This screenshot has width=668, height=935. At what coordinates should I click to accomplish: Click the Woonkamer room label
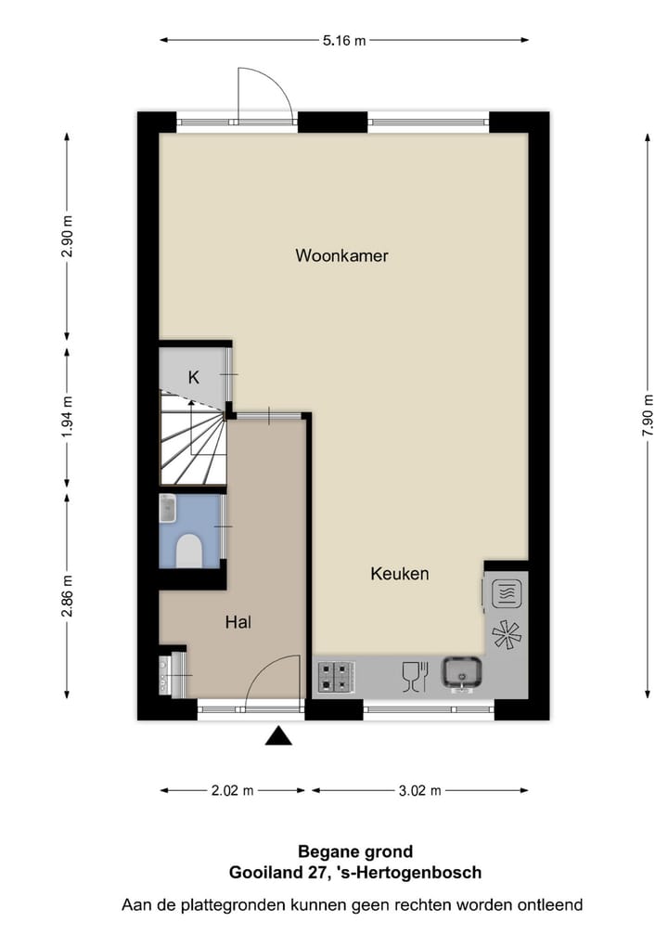click(x=341, y=255)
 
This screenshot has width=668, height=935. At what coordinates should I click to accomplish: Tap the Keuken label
click(x=400, y=574)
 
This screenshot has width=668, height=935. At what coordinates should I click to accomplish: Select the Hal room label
click(x=238, y=622)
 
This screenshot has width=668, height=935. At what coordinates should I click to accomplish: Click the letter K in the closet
click(x=193, y=377)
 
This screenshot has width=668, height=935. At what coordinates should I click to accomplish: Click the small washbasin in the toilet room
click(x=168, y=508)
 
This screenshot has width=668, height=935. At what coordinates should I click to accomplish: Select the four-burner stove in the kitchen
click(x=336, y=676)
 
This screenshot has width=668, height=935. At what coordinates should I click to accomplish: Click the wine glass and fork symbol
click(x=414, y=676)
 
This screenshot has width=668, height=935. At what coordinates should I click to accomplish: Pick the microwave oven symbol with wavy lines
click(x=505, y=591)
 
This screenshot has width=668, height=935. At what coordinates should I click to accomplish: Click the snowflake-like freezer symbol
click(x=507, y=635)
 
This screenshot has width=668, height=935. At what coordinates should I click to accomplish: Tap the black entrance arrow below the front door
click(x=278, y=736)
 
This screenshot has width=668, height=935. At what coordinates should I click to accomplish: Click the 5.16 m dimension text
click(x=344, y=40)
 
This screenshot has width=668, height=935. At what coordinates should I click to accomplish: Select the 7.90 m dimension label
click(x=648, y=415)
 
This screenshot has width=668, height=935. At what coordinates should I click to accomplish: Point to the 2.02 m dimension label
click(x=234, y=791)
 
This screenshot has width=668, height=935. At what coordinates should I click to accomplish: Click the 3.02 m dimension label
click(x=419, y=791)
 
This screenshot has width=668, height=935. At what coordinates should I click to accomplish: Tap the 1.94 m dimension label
click(x=67, y=415)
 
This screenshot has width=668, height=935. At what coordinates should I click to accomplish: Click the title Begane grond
click(x=355, y=851)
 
